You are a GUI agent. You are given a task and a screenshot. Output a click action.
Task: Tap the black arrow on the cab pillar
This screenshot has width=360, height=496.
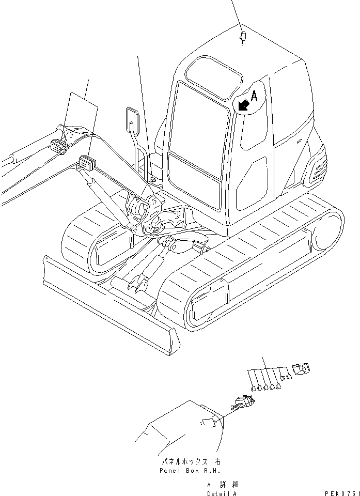(243, 105)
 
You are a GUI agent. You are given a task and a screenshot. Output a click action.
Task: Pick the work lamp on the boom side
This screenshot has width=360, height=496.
(86, 163)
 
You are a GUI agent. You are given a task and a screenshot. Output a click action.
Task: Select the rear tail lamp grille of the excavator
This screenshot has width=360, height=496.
(315, 169)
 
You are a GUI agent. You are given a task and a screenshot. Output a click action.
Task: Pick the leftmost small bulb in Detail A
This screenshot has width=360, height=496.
(253, 388)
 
